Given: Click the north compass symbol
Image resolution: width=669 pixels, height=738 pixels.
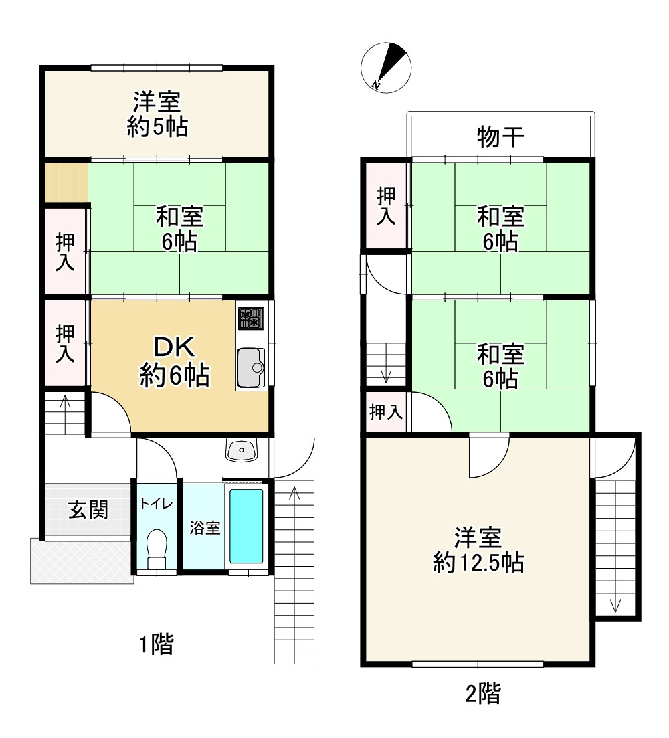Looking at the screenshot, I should point(386,67).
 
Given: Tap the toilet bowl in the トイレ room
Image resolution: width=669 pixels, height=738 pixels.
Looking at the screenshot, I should point(156,544).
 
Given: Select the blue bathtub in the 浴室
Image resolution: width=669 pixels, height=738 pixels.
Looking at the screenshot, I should point(246,526).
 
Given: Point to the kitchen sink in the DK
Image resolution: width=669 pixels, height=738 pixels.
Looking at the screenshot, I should point(251,367).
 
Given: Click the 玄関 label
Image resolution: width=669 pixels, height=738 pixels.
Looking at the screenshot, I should point(88,511).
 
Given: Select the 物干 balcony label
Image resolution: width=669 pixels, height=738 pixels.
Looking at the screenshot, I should point(500,138).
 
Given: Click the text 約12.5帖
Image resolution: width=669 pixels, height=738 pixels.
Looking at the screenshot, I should point(478,563).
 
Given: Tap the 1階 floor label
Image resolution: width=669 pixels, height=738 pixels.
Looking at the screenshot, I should point(156,645).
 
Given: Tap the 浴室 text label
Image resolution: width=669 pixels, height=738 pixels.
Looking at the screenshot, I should point(205,528).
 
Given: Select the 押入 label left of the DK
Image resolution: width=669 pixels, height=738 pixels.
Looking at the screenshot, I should point(65,343).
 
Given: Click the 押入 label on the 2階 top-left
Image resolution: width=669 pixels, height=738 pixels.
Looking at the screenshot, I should point(386,206).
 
